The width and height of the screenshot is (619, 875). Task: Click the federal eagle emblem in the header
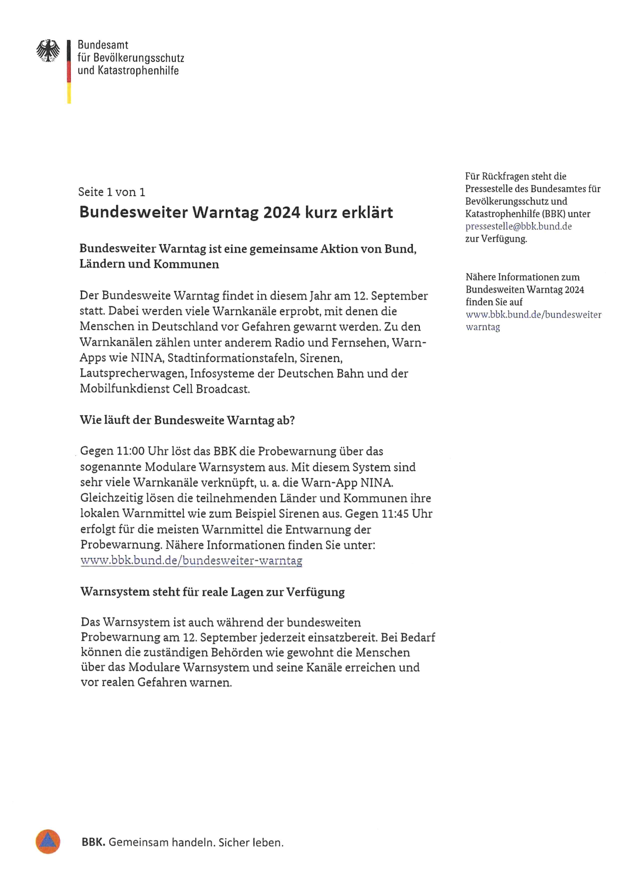pyautogui.click(x=48, y=51)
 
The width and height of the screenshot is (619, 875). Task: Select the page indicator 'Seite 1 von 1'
pyautogui.click(x=111, y=192)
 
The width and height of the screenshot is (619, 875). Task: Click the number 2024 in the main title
pyautogui.click(x=282, y=213)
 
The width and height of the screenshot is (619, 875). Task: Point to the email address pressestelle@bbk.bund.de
pyautogui.click(x=518, y=226)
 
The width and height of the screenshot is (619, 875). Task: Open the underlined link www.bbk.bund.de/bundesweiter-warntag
pyautogui.click(x=191, y=561)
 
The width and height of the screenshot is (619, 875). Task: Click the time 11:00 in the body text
pyautogui.click(x=130, y=451)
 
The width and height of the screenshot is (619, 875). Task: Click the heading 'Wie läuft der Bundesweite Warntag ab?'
pyautogui.click(x=187, y=420)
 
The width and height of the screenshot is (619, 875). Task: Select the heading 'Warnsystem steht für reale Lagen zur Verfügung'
pyautogui.click(x=212, y=592)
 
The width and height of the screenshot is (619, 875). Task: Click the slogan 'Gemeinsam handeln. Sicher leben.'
pyautogui.click(x=196, y=843)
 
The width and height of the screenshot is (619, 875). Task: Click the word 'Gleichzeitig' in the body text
pyautogui.click(x=111, y=498)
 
